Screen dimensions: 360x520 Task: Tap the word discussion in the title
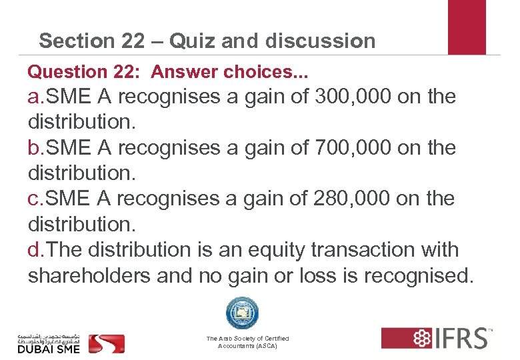point(320,41)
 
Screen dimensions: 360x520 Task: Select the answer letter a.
point(35,97)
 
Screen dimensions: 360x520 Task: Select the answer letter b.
point(35,148)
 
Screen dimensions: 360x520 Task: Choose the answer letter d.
point(35,250)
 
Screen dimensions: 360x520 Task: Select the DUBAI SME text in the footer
point(49,348)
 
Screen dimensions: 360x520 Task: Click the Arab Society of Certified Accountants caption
point(247,343)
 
